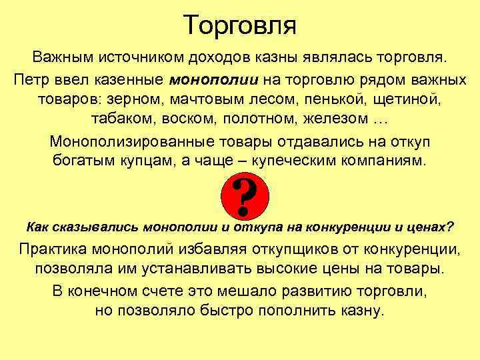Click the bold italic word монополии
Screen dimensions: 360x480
click(x=214, y=81)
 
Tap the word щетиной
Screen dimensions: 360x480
click(x=410, y=101)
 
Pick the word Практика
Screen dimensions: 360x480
click(x=56, y=250)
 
